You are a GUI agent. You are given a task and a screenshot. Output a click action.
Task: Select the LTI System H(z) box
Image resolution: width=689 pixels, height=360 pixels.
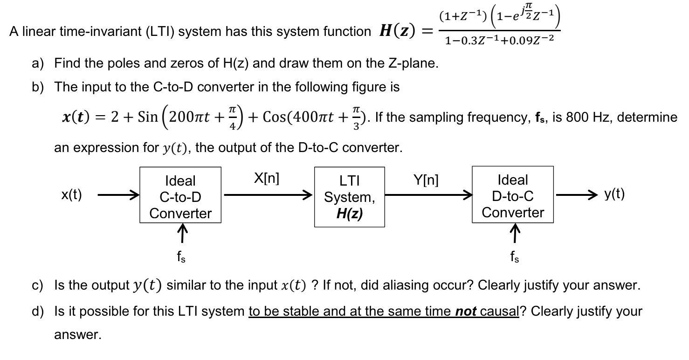(350, 197)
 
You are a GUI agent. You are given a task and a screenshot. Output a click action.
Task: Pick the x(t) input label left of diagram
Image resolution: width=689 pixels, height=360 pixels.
(72, 195)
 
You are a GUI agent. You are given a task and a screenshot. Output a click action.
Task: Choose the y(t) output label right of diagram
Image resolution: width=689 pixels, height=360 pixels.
(614, 194)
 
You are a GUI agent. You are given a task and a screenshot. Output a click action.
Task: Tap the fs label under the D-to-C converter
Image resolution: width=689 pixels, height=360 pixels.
(513, 256)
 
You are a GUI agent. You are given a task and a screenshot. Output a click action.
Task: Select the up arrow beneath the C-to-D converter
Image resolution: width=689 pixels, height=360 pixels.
(181, 231)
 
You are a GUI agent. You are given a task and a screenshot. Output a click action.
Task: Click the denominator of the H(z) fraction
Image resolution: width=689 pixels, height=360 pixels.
(499, 41)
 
